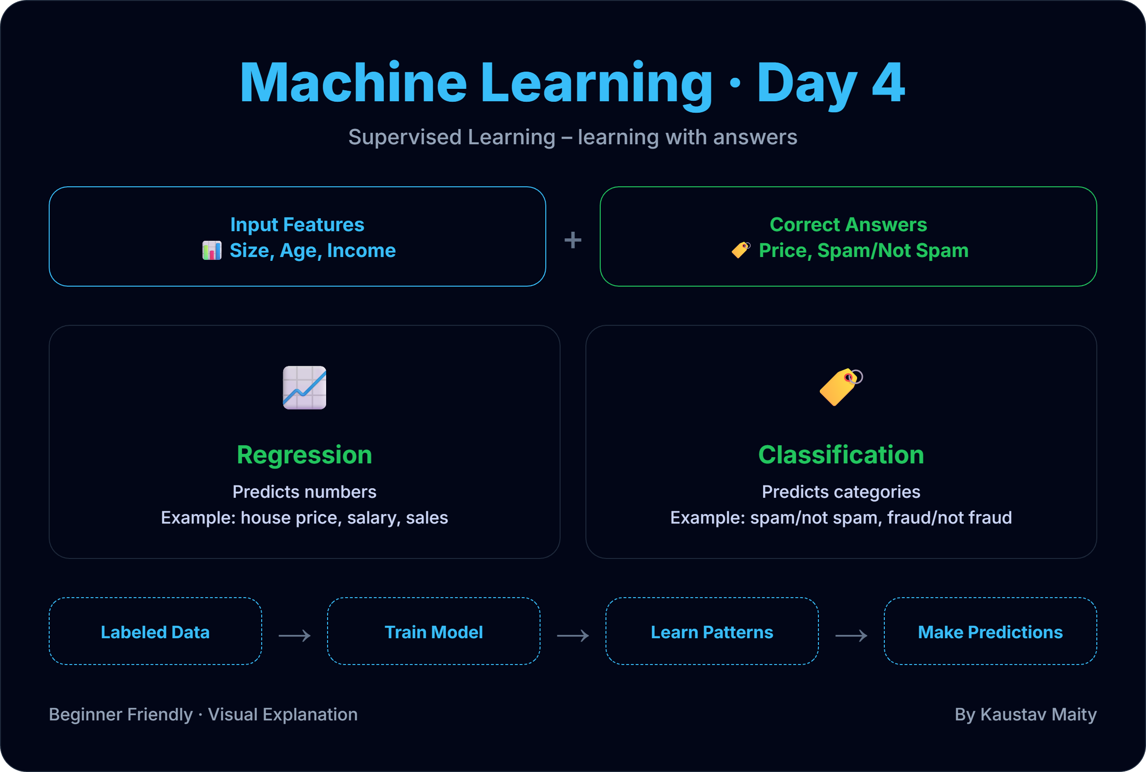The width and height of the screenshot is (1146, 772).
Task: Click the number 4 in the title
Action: [888, 83]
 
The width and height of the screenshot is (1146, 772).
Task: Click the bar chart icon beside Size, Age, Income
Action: [212, 251]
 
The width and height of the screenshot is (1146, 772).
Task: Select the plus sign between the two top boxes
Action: [573, 240]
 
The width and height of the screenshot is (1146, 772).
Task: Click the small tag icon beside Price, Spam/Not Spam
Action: [741, 250]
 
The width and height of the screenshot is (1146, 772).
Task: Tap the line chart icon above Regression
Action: [304, 387]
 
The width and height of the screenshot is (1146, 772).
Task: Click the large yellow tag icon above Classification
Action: [840, 387]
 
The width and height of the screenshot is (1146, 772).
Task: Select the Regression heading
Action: [304, 454]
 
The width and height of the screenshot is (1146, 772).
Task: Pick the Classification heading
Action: [841, 454]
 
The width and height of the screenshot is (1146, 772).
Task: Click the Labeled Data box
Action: [155, 632]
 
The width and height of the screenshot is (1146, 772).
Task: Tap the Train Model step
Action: [434, 632]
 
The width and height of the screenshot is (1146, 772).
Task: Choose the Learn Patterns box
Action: [711, 632]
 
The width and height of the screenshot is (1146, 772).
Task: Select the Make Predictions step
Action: [990, 632]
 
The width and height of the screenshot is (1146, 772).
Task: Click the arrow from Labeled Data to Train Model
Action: [294, 636]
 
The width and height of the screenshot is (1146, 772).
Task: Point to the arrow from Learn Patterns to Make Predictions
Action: [851, 636]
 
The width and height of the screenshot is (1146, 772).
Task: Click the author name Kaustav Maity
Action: [1038, 714]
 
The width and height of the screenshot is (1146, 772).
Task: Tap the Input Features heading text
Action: [297, 225]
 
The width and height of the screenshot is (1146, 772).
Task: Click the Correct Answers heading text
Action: [849, 225]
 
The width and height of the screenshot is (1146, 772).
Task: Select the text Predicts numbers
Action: [304, 492]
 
